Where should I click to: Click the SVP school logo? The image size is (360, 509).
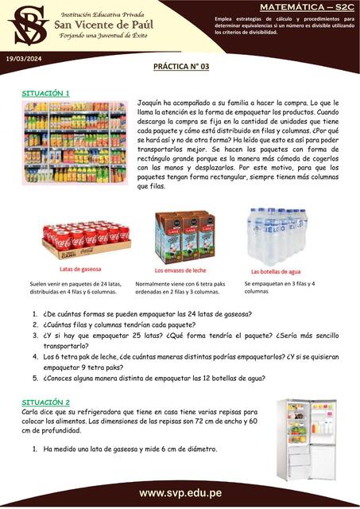[x=25, y=25]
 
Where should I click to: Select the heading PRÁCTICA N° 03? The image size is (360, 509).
[x=181, y=69]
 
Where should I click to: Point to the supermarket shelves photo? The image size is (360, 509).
[x=74, y=143]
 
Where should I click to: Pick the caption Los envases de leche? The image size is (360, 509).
[x=184, y=270]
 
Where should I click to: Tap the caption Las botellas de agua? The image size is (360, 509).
[x=275, y=270]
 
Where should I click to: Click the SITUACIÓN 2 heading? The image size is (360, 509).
[x=45, y=402]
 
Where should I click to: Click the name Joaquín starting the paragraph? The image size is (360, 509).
[x=151, y=103]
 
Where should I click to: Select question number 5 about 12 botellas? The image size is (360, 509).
[x=154, y=378]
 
